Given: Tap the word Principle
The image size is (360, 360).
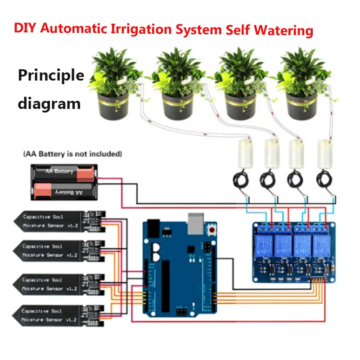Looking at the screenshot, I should click(51, 75).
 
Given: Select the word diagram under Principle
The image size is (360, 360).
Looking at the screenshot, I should click(49, 103).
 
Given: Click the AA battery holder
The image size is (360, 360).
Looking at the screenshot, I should click(64, 181).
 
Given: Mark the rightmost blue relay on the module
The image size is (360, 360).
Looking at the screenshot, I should click(320, 245).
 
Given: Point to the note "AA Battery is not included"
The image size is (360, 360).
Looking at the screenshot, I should click(72, 154).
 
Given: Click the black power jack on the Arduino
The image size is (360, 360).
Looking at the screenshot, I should click(153, 228).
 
